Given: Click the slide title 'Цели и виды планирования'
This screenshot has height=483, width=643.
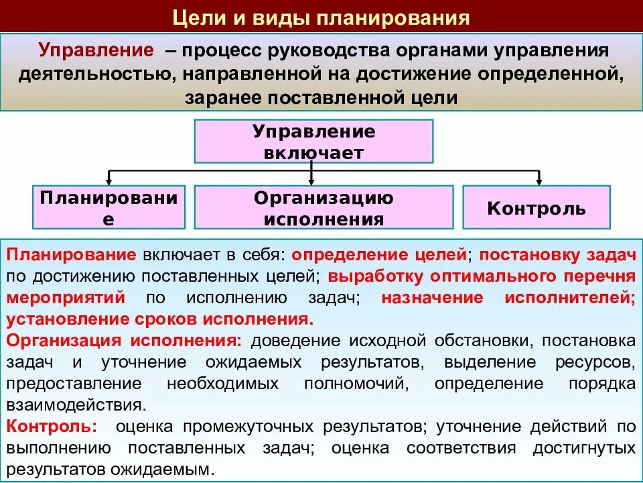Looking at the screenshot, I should click(x=321, y=17).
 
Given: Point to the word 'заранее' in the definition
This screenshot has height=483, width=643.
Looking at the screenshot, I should click(x=222, y=98).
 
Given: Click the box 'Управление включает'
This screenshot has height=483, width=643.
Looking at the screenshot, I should click(x=314, y=141).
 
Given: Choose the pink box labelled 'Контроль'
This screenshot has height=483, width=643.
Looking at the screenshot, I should click(x=537, y=208).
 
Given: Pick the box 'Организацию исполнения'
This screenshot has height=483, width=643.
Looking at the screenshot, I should click(x=324, y=208).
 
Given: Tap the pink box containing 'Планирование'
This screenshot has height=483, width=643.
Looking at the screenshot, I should click(x=109, y=208).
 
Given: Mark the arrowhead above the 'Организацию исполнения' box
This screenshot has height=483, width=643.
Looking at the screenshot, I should click(x=311, y=182).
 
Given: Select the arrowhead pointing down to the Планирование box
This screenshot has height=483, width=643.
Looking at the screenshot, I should click(x=109, y=182).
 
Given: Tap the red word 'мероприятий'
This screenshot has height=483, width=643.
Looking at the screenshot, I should click(x=66, y=297).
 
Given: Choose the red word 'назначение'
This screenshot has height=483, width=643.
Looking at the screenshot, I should click(x=432, y=297).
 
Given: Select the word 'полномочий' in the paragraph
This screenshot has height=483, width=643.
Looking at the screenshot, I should click(x=355, y=384).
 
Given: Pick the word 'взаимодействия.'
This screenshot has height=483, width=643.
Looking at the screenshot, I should click(x=75, y=405).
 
